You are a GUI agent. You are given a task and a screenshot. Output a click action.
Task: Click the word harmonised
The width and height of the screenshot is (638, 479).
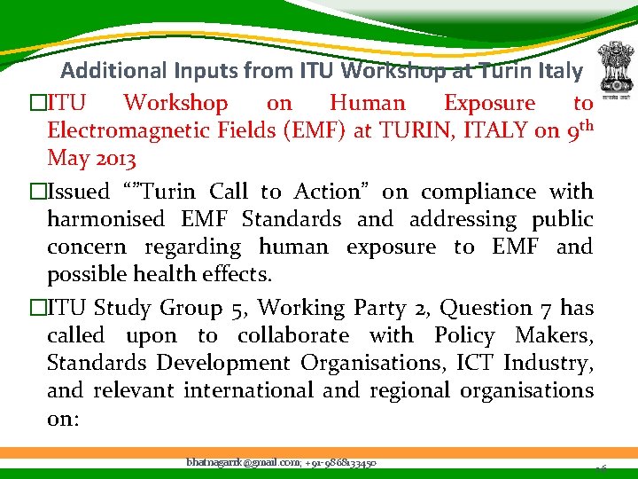click(x=105, y=219)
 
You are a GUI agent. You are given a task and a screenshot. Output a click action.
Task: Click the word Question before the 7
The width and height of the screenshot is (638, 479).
click(x=482, y=308)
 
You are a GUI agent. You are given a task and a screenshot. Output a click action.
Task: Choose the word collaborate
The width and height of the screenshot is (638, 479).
click(x=293, y=335)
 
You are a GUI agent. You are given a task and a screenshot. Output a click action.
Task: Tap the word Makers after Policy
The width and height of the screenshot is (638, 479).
click(x=554, y=335)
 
